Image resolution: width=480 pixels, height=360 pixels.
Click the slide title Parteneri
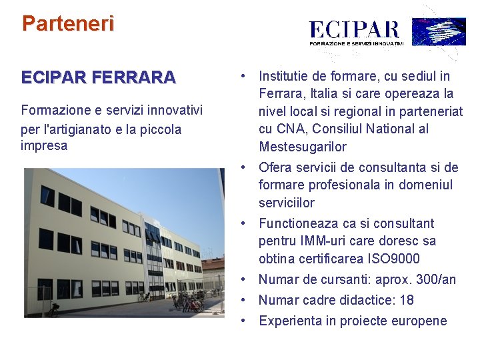[x=68, y=24]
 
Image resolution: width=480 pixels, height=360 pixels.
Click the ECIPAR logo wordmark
[x=354, y=30]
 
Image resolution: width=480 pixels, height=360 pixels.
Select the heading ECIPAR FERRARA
[x=99, y=77]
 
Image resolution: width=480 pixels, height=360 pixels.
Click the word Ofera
[x=275, y=167]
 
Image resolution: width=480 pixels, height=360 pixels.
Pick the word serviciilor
[x=287, y=203]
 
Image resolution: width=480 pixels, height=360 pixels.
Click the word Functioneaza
[x=301, y=223]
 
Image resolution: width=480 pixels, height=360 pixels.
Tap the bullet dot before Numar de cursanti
[x=245, y=279]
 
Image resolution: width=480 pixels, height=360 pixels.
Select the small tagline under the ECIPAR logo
[x=357, y=43]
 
